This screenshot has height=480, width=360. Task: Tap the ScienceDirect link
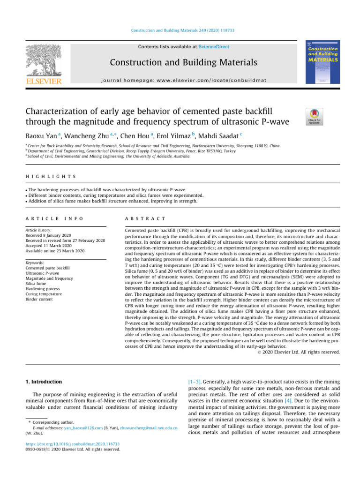coord(214,47)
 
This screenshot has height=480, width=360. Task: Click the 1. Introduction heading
coord(43,382)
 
